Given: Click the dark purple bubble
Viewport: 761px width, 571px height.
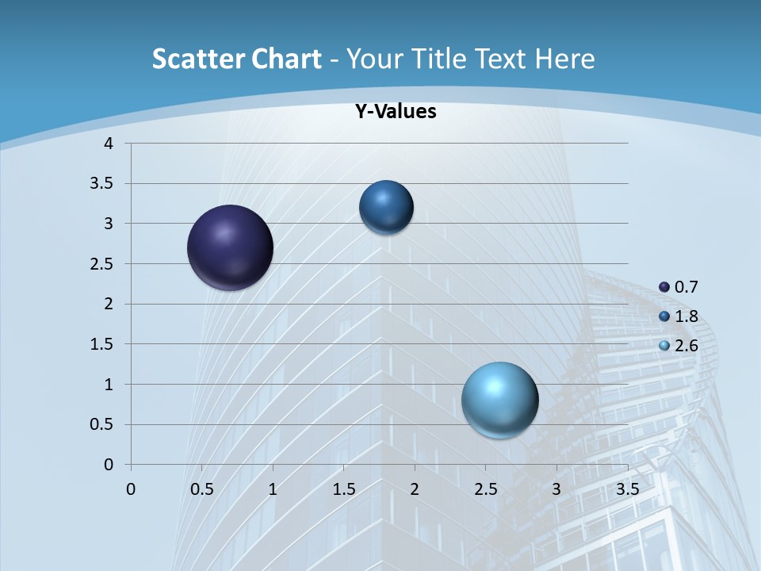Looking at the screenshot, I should pyautogui.click(x=231, y=247).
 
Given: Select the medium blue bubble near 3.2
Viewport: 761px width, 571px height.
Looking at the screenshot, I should pyautogui.click(x=386, y=207).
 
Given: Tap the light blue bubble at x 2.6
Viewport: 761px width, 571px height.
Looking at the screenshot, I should pyautogui.click(x=499, y=400).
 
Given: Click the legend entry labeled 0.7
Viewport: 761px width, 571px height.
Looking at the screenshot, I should pyautogui.click(x=679, y=286).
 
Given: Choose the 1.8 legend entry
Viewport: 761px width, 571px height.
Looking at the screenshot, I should pyautogui.click(x=679, y=316).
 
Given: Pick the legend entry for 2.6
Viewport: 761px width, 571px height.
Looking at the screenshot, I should pyautogui.click(x=679, y=346).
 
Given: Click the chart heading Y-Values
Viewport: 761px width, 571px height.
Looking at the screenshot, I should pyautogui.click(x=396, y=112).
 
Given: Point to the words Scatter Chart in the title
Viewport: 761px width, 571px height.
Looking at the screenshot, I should pyautogui.click(x=236, y=59).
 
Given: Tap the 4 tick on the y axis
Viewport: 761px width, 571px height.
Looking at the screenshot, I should pyautogui.click(x=109, y=144).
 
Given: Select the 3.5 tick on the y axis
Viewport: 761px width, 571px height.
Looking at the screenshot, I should pyautogui.click(x=103, y=184).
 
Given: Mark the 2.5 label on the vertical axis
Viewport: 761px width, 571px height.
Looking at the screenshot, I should pyautogui.click(x=103, y=264).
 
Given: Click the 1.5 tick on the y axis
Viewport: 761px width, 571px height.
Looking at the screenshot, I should pyautogui.click(x=103, y=344).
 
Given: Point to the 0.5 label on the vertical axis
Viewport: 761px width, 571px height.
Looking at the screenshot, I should pyautogui.click(x=103, y=425).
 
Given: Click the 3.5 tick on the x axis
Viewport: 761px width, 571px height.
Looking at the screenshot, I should pyautogui.click(x=628, y=489).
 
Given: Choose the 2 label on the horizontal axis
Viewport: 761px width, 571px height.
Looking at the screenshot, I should pyautogui.click(x=415, y=489).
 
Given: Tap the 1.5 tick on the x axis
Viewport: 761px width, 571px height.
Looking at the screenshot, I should pyautogui.click(x=343, y=489).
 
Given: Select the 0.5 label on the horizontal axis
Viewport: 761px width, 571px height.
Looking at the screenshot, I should pyautogui.click(x=201, y=489).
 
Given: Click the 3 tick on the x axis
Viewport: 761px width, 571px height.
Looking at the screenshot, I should pyautogui.click(x=556, y=489).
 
